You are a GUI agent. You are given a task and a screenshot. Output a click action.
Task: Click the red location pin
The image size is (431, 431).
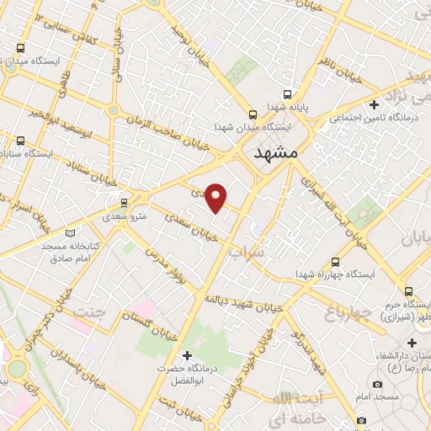[216, 197]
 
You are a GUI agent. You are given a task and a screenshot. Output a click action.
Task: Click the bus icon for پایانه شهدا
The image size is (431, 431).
[288, 94]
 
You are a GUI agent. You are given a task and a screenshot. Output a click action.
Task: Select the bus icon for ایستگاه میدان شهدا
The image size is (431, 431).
[252, 115]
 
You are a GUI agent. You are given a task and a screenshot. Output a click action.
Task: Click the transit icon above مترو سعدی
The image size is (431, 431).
[125, 202]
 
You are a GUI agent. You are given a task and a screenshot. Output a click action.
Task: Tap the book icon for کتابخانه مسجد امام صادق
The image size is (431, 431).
[70, 231]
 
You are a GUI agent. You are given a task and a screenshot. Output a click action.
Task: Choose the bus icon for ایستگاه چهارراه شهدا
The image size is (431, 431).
[337, 262]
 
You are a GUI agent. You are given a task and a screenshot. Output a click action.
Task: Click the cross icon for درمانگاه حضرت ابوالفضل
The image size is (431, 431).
[188, 355]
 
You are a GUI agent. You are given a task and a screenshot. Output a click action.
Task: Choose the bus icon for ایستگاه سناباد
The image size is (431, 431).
[21, 141]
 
